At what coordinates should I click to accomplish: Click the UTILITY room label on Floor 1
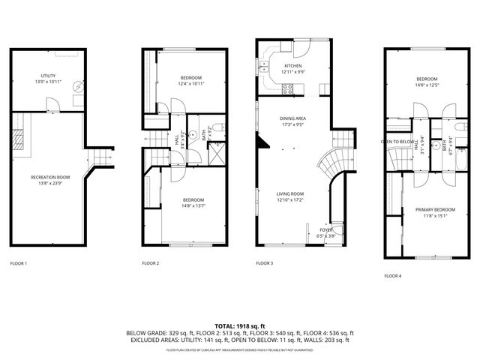(x=49, y=76)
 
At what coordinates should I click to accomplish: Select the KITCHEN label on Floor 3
(x=292, y=66)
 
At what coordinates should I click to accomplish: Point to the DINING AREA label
(x=292, y=119)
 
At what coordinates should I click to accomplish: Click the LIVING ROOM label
(x=291, y=193)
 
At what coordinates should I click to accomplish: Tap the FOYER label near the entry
(x=326, y=230)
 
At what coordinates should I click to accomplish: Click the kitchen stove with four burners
(x=287, y=89)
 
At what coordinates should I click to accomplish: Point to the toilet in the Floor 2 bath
(x=215, y=126)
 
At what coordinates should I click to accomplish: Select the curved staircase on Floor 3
(x=330, y=161)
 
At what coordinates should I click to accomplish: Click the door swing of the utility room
(x=50, y=103)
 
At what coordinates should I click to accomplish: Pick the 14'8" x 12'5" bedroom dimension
(x=427, y=84)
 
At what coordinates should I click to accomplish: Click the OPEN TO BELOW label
(x=397, y=141)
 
